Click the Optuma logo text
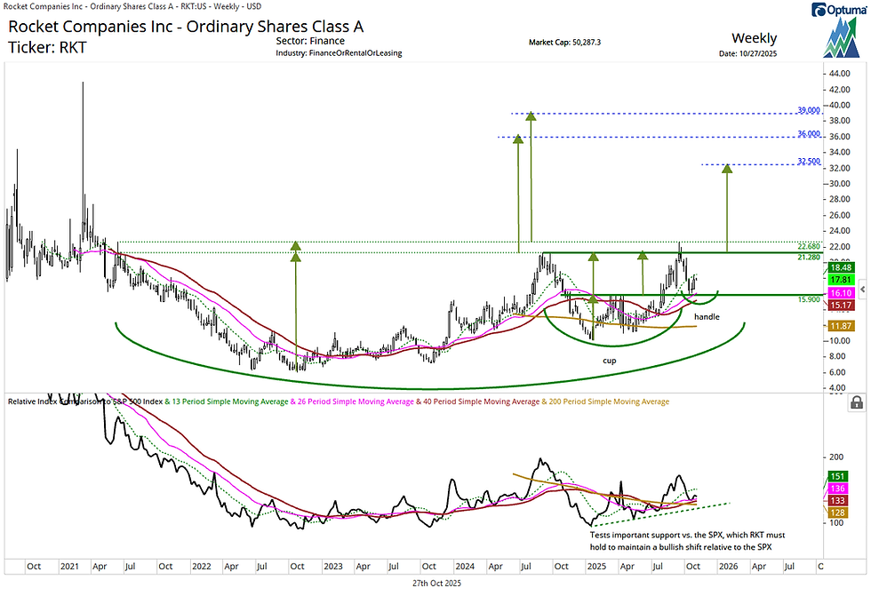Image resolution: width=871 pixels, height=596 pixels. point(838,10)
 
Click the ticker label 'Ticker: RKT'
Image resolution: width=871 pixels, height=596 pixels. point(48,47)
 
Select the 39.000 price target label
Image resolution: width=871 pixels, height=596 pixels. point(808,111)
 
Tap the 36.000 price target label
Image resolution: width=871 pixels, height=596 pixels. point(808,134)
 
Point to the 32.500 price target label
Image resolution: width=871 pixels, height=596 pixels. point(808,162)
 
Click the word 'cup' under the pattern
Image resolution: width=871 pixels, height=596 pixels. point(610,361)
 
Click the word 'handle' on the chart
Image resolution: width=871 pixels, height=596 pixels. point(707,316)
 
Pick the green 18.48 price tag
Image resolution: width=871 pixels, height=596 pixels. point(841,267)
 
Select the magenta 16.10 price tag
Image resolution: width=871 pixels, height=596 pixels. point(841,292)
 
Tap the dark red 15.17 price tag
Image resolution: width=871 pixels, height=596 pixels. point(841,306)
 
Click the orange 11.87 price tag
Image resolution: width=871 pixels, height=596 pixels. point(841,327)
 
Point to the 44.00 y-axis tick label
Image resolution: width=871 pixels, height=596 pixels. point(838,74)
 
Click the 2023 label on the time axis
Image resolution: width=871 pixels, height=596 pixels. point(333,565)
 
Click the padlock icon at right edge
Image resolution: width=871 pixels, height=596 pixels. point(856,402)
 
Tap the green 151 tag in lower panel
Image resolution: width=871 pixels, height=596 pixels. point(836,476)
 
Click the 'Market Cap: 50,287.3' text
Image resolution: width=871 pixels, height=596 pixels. point(565,42)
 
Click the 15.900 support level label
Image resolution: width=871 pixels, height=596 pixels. point(808,299)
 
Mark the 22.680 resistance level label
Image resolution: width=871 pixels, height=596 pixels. point(808,246)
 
